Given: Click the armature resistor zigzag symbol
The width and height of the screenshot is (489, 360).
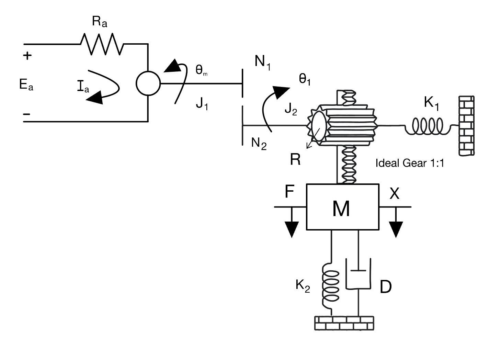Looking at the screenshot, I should (x=102, y=44).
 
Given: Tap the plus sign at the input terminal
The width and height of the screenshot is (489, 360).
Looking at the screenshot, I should (x=27, y=56).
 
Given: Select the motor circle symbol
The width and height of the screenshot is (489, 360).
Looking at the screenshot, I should (x=148, y=83).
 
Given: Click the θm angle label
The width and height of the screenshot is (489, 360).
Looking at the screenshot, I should (x=201, y=70).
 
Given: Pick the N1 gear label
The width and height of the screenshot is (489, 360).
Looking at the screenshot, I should (x=262, y=62).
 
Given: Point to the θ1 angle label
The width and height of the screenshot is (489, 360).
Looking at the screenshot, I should (x=305, y=79).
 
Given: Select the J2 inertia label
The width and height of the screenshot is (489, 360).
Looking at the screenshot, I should (x=291, y=110).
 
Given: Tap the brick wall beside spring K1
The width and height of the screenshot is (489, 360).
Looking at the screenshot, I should (x=466, y=126).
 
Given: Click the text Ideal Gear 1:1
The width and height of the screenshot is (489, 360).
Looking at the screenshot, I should (x=410, y=163).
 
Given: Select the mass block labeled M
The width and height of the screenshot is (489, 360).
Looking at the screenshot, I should (x=342, y=207).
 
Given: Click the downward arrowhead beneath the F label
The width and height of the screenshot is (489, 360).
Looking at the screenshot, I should (x=291, y=229).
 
